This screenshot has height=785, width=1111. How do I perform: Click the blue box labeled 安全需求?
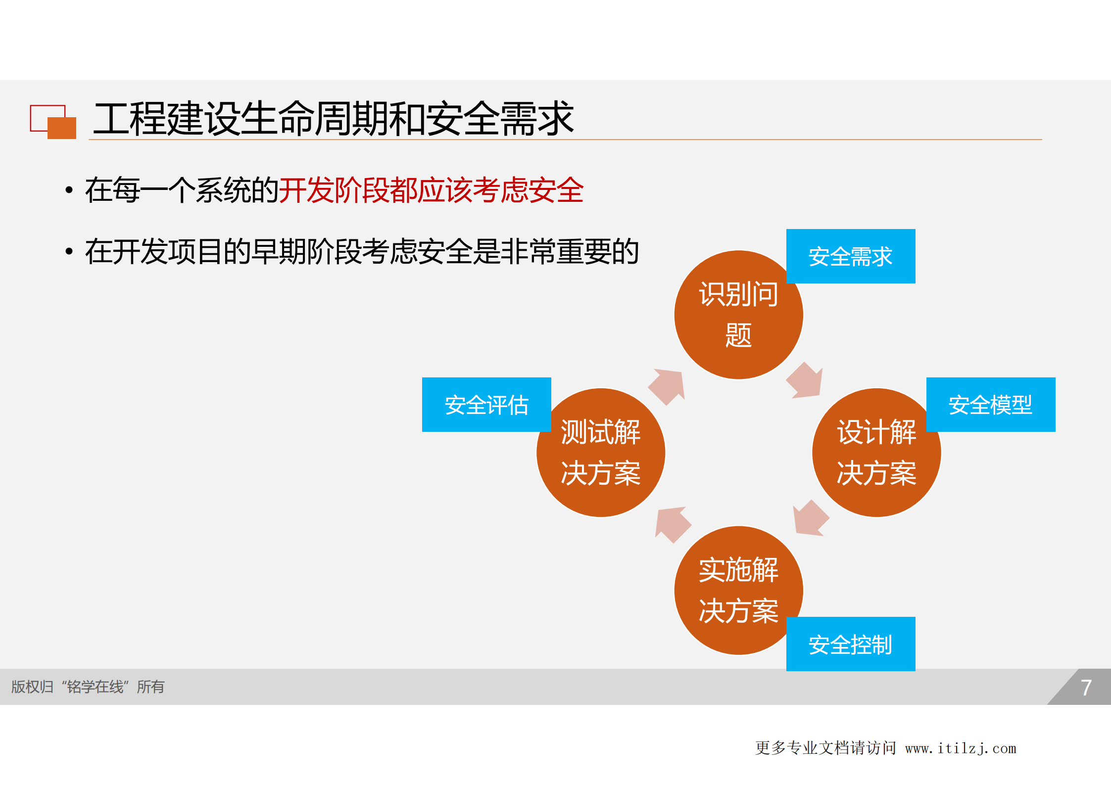[850, 256]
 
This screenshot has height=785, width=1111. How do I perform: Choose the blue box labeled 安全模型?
[990, 405]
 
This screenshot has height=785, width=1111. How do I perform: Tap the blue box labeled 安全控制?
[850, 644]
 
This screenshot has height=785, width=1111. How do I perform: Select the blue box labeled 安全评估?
[486, 405]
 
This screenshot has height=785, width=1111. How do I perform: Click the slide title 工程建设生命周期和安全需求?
[333, 119]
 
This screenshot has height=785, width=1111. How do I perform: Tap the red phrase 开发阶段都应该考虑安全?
[431, 190]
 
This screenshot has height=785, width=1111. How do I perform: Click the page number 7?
[1086, 688]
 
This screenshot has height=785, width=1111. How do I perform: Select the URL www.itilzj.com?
[961, 748]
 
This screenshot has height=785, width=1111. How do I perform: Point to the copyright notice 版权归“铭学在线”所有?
[88, 687]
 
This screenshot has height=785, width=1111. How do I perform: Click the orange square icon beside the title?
[62, 128]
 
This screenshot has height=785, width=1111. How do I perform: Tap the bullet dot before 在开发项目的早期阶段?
[69, 251]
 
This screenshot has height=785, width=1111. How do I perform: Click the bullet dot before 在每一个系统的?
[69, 190]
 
